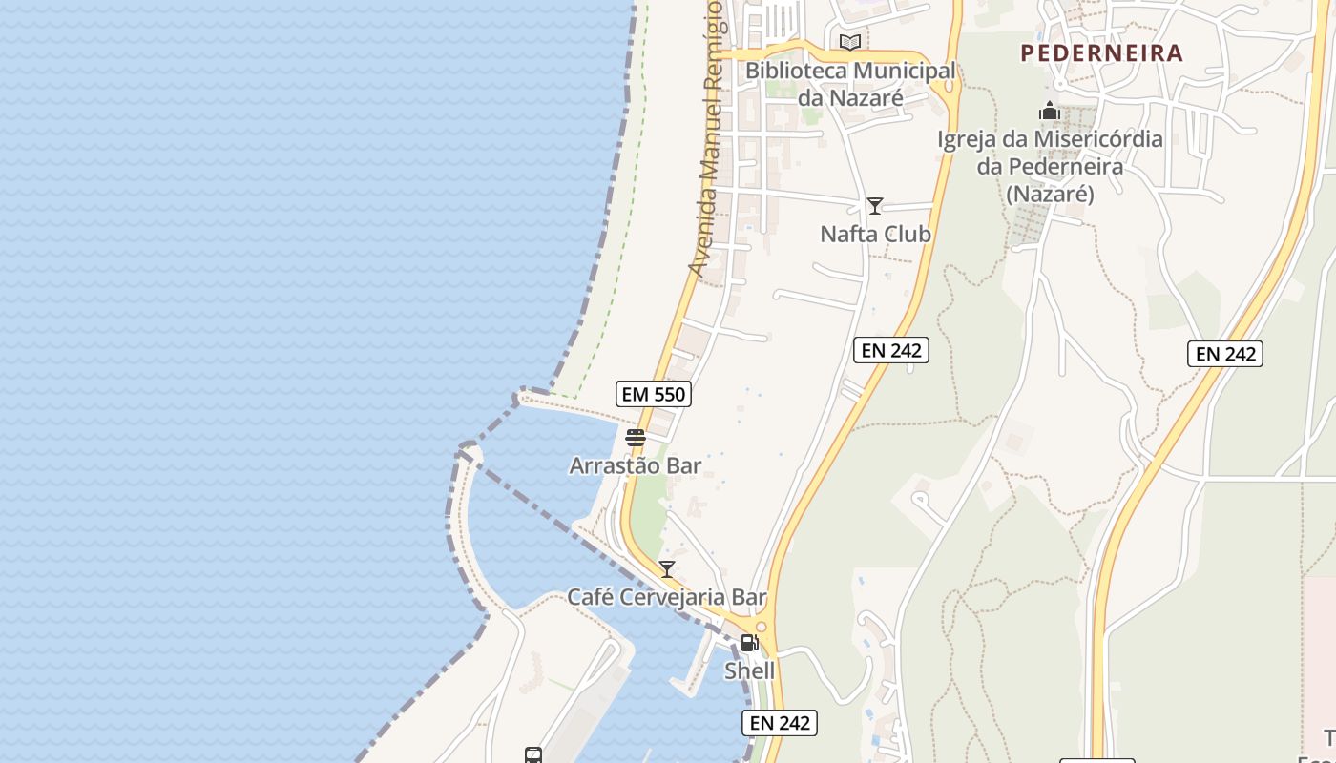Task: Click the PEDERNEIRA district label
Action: click(x=1101, y=53)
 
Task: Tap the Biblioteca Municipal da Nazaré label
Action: click(x=849, y=84)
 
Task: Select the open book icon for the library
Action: click(x=849, y=42)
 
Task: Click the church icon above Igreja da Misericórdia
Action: click(x=1050, y=111)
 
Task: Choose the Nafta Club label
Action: click(x=875, y=234)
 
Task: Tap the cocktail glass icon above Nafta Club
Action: click(x=874, y=205)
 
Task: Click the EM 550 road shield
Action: click(x=654, y=393)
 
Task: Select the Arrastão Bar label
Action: click(x=635, y=465)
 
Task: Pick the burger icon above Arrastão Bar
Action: click(x=635, y=438)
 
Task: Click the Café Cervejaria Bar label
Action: click(x=667, y=597)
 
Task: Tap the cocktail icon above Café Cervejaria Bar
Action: click(x=667, y=569)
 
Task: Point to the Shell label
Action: click(x=749, y=670)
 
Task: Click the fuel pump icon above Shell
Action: click(x=749, y=643)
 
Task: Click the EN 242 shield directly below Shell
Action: click(x=780, y=723)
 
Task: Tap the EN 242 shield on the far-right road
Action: click(x=1225, y=354)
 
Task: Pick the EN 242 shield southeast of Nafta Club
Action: click(x=890, y=350)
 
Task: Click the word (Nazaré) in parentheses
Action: click(x=1050, y=194)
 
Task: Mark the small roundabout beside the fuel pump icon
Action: click(x=761, y=627)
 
